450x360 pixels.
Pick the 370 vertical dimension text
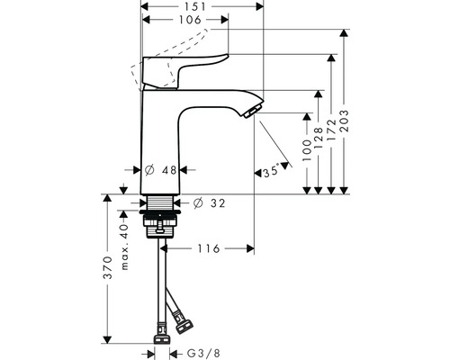tap(106, 269)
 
